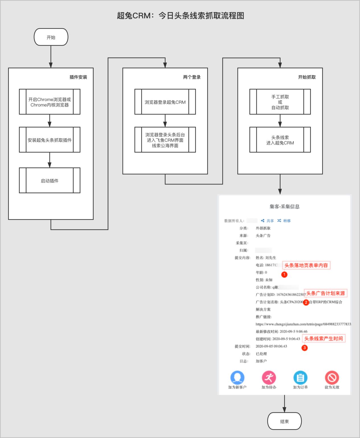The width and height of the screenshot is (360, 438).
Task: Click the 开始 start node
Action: point(51,37)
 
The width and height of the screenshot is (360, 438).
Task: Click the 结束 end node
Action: point(284,421)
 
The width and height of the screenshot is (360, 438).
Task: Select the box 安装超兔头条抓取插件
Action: point(50,140)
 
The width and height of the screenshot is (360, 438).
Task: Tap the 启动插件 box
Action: point(50,180)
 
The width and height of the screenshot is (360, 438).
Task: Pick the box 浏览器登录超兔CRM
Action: point(165,102)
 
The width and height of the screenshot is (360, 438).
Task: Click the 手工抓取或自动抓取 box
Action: point(280,102)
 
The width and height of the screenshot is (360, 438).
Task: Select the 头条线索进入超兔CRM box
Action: point(280,140)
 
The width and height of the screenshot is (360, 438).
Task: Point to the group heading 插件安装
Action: point(78,77)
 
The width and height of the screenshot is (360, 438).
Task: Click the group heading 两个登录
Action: point(192,77)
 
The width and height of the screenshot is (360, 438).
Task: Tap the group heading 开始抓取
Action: point(307,77)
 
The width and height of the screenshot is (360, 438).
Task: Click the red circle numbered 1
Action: point(284,275)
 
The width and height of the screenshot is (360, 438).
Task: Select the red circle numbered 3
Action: point(305,348)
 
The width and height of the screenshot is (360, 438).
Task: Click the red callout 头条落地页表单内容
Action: point(306,265)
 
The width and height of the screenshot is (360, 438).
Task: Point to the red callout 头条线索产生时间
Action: point(324,338)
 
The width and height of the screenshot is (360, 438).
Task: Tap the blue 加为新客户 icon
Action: point(237,378)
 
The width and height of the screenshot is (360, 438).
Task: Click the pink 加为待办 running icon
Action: point(269,378)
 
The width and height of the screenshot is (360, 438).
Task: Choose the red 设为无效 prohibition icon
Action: point(332,378)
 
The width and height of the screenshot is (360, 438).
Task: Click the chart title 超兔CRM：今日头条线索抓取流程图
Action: point(180,16)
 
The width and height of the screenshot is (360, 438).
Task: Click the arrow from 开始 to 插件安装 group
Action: point(51,57)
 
